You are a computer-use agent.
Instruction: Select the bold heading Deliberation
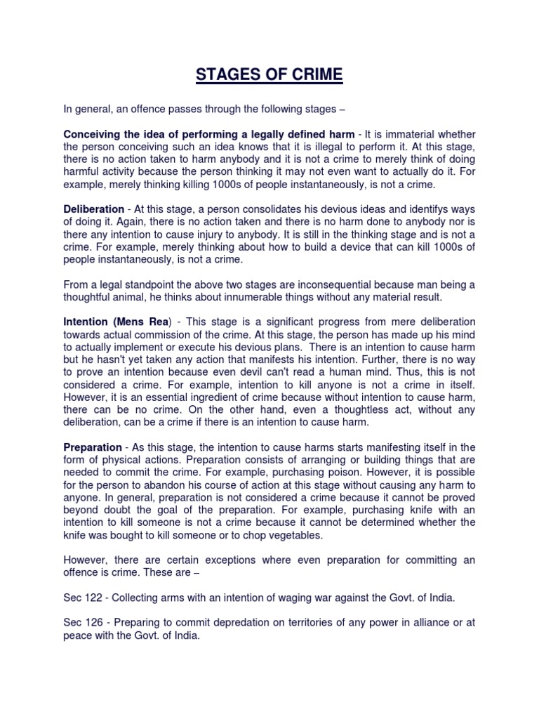point(93,210)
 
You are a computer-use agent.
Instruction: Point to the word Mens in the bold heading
point(131,321)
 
